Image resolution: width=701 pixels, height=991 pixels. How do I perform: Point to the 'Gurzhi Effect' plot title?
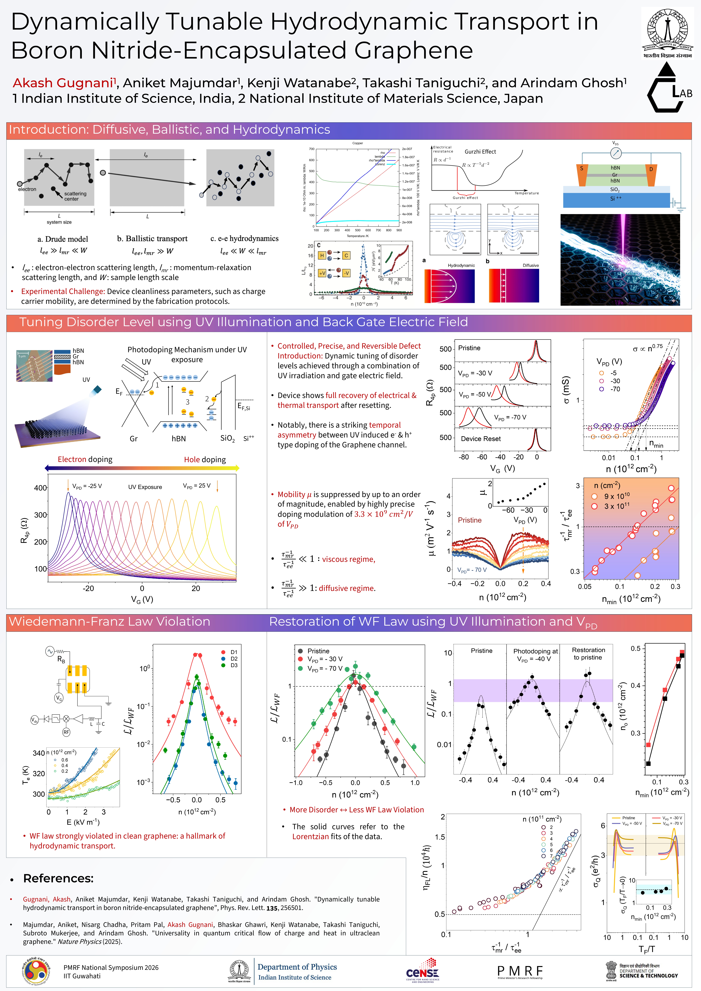[480, 151]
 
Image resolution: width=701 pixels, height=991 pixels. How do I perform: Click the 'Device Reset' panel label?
[480, 438]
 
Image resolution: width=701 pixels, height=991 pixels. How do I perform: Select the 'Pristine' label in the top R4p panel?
[469, 348]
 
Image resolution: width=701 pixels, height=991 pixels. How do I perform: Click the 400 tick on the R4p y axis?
[41, 488]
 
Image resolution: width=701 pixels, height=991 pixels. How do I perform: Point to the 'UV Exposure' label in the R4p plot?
[145, 487]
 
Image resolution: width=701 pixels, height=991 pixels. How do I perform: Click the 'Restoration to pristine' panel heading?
[588, 653]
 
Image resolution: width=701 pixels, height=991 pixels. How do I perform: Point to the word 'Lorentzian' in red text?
[310, 836]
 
